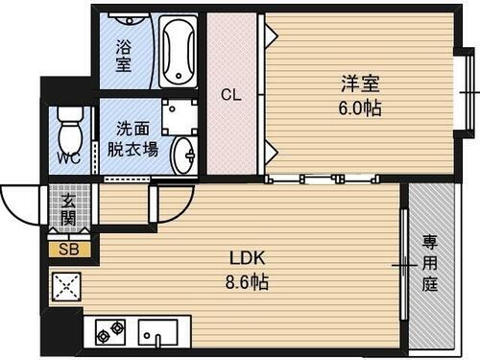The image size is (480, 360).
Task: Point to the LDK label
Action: point(246,258)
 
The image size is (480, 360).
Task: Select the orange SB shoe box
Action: point(70,249)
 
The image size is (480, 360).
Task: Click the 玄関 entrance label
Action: point(69,210)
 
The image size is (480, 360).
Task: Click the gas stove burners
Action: point(109,331)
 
